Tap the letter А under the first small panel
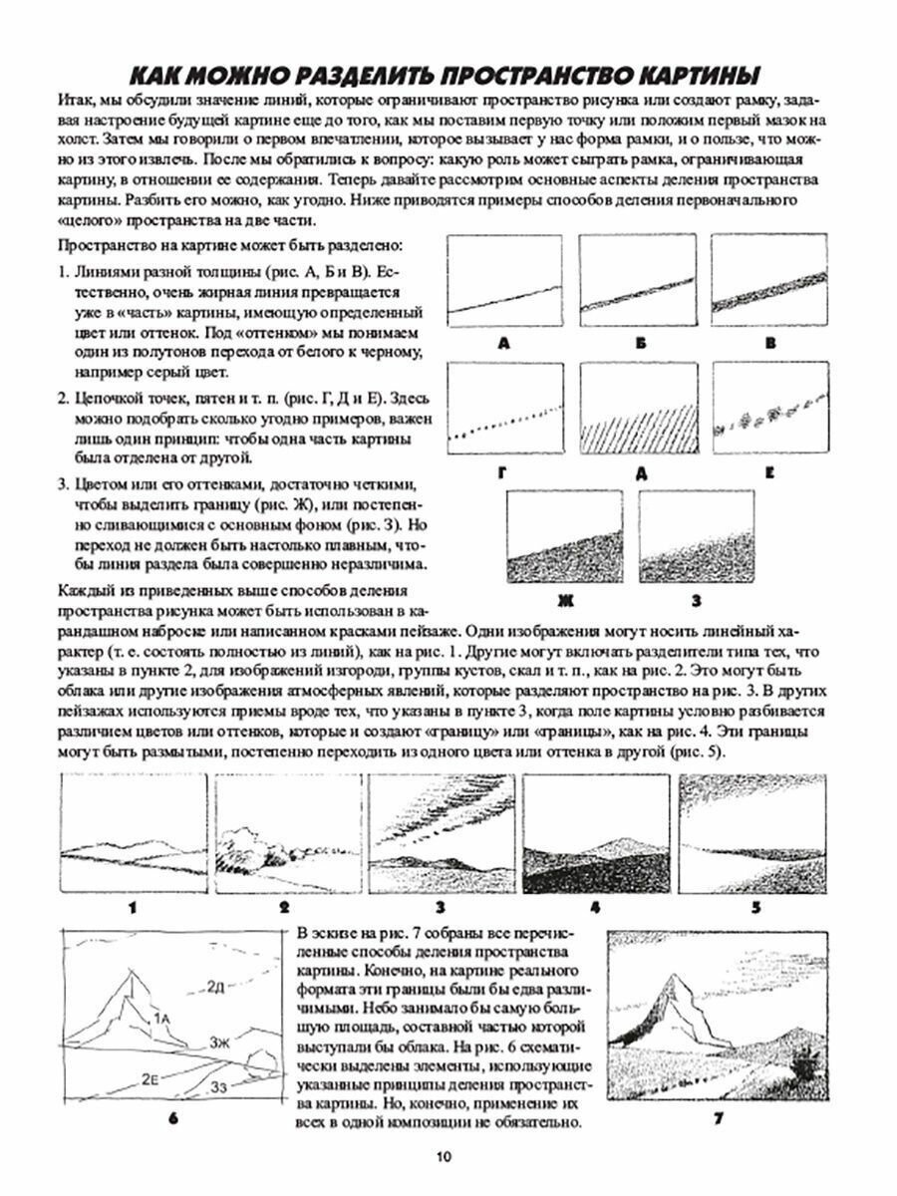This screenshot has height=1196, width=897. [x=503, y=343]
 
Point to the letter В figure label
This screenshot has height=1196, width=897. [x=770, y=343]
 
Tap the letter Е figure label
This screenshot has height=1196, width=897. [x=770, y=472]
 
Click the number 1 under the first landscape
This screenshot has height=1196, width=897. [x=131, y=906]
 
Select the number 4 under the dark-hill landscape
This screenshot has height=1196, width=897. [x=595, y=906]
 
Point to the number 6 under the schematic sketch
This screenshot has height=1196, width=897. [x=172, y=1118]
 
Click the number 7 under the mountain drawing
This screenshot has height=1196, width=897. [x=717, y=1118]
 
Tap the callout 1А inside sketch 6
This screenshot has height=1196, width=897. [x=162, y=1017]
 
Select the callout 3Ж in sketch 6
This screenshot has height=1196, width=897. [x=222, y=1043]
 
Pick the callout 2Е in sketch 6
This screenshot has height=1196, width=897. [x=151, y=1078]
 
